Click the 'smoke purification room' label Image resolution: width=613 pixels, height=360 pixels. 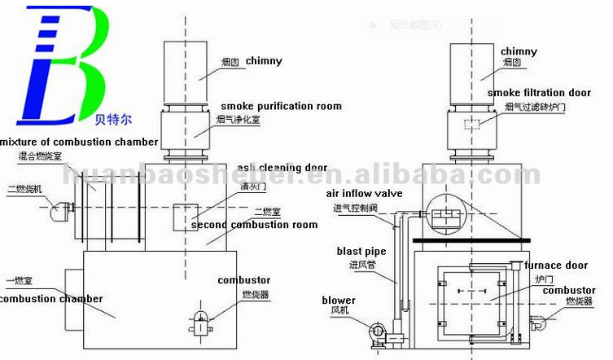(x=281, y=106)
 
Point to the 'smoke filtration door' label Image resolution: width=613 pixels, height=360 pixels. (x=540, y=93)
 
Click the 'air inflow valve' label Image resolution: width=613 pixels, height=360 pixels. (x=366, y=193)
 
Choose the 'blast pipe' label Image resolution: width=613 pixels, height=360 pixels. (x=361, y=252)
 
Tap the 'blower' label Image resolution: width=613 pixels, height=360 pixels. (x=339, y=300)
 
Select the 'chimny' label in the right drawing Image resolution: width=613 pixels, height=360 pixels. (x=519, y=51)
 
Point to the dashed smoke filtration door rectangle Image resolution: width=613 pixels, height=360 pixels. (x=471, y=125)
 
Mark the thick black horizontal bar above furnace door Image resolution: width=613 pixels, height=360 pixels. (x=471, y=240)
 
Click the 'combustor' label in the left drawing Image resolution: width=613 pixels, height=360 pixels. (x=243, y=280)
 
